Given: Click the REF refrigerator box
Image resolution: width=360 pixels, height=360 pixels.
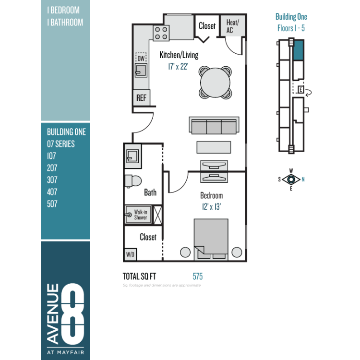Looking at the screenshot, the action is [x=142, y=97].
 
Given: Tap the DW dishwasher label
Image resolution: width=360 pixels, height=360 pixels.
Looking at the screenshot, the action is [x=141, y=58].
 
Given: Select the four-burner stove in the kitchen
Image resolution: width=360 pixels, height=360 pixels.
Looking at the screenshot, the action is [x=161, y=33].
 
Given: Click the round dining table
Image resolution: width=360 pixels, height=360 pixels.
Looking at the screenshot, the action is [x=215, y=83].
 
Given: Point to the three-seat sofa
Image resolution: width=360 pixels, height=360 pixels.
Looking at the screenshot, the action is [x=214, y=125].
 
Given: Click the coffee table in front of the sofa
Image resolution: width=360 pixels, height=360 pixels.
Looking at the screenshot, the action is [x=214, y=147].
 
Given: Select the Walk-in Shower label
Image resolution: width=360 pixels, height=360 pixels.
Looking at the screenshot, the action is [x=141, y=215].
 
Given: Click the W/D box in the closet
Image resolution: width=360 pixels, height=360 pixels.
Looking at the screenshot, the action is [x=130, y=254].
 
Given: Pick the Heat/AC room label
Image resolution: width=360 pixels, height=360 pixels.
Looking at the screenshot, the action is [x=233, y=26].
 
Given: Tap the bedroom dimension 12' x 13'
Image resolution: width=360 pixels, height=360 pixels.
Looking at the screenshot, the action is [x=211, y=206].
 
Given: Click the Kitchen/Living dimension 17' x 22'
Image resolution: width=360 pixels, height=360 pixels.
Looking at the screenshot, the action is [x=178, y=67].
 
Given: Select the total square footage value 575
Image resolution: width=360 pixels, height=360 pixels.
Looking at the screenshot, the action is [x=198, y=276].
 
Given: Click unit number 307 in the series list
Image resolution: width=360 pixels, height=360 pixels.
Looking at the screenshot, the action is [x=52, y=180].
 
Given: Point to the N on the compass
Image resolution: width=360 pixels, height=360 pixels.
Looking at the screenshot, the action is [x=303, y=180].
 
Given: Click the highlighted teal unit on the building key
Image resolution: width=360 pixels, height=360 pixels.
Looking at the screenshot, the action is [x=299, y=50].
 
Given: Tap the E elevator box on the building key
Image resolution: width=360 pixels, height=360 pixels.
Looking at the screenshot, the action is [x=301, y=89].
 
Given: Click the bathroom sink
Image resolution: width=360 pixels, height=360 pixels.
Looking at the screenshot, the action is [x=132, y=156].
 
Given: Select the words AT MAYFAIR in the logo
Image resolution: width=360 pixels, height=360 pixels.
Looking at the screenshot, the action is [x=66, y=352].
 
